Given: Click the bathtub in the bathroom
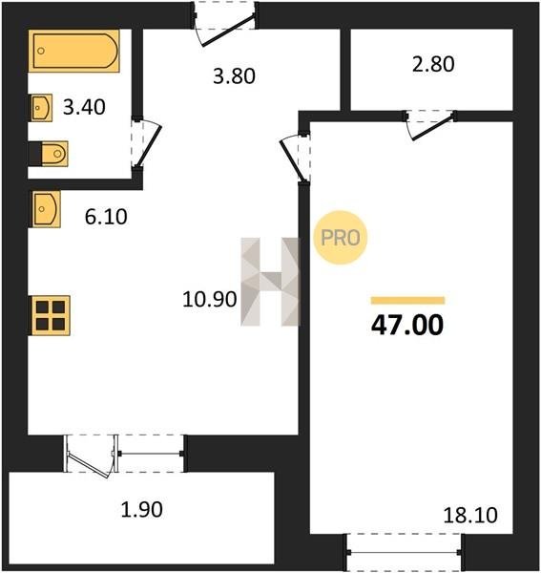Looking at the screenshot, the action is point(74,51).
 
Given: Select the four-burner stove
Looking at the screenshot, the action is point(51,315).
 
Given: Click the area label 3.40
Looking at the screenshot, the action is point(84,107).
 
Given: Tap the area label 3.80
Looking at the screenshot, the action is point(234,76).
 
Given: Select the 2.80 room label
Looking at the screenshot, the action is point(433,64).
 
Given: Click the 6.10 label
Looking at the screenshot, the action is point(106,217).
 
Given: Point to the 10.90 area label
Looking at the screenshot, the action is point(210,299).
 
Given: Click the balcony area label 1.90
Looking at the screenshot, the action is point(141,510).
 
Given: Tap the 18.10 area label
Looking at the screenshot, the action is point(470,516).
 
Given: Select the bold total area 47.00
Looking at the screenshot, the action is point(407,326).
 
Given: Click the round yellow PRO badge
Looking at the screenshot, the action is point(341,238).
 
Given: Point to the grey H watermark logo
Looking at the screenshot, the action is point(270,282).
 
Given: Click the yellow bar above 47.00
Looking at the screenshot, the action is point(407,301).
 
